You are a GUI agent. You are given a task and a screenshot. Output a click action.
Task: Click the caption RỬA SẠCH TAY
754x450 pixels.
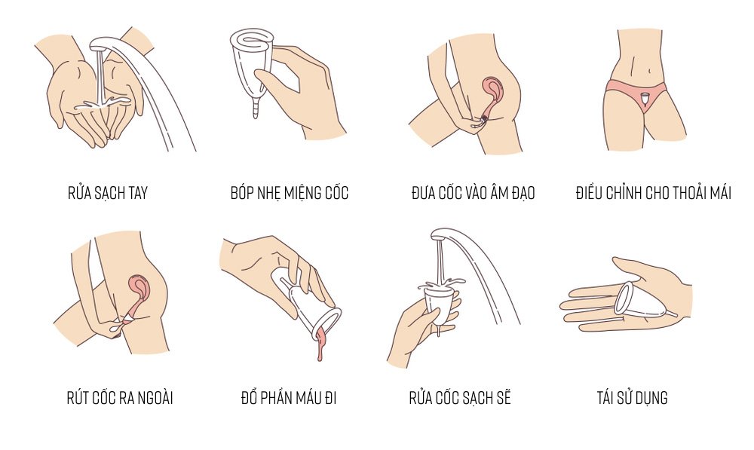[x=108, y=193]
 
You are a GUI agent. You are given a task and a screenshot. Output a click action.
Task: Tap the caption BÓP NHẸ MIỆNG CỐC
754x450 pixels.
[x=290, y=193]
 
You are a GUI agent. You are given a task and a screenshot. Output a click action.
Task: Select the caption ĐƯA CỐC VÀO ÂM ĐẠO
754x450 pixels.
[x=474, y=193]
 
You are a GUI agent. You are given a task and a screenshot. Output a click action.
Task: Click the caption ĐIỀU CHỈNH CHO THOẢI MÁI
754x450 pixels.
[x=654, y=193]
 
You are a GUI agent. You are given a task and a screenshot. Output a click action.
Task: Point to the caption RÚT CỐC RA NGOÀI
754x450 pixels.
[x=120, y=397]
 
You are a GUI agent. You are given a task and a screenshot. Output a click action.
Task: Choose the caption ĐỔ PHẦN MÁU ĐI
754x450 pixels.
[x=289, y=397]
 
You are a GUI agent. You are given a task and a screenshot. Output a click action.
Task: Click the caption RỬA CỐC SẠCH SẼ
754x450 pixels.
[x=460, y=397]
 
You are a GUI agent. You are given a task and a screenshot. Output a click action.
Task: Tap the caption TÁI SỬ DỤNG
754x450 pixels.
[x=633, y=397]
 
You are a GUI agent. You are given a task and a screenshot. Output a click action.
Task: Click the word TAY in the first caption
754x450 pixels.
[x=137, y=193]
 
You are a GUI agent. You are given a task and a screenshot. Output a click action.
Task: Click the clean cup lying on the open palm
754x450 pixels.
[x=642, y=301]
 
